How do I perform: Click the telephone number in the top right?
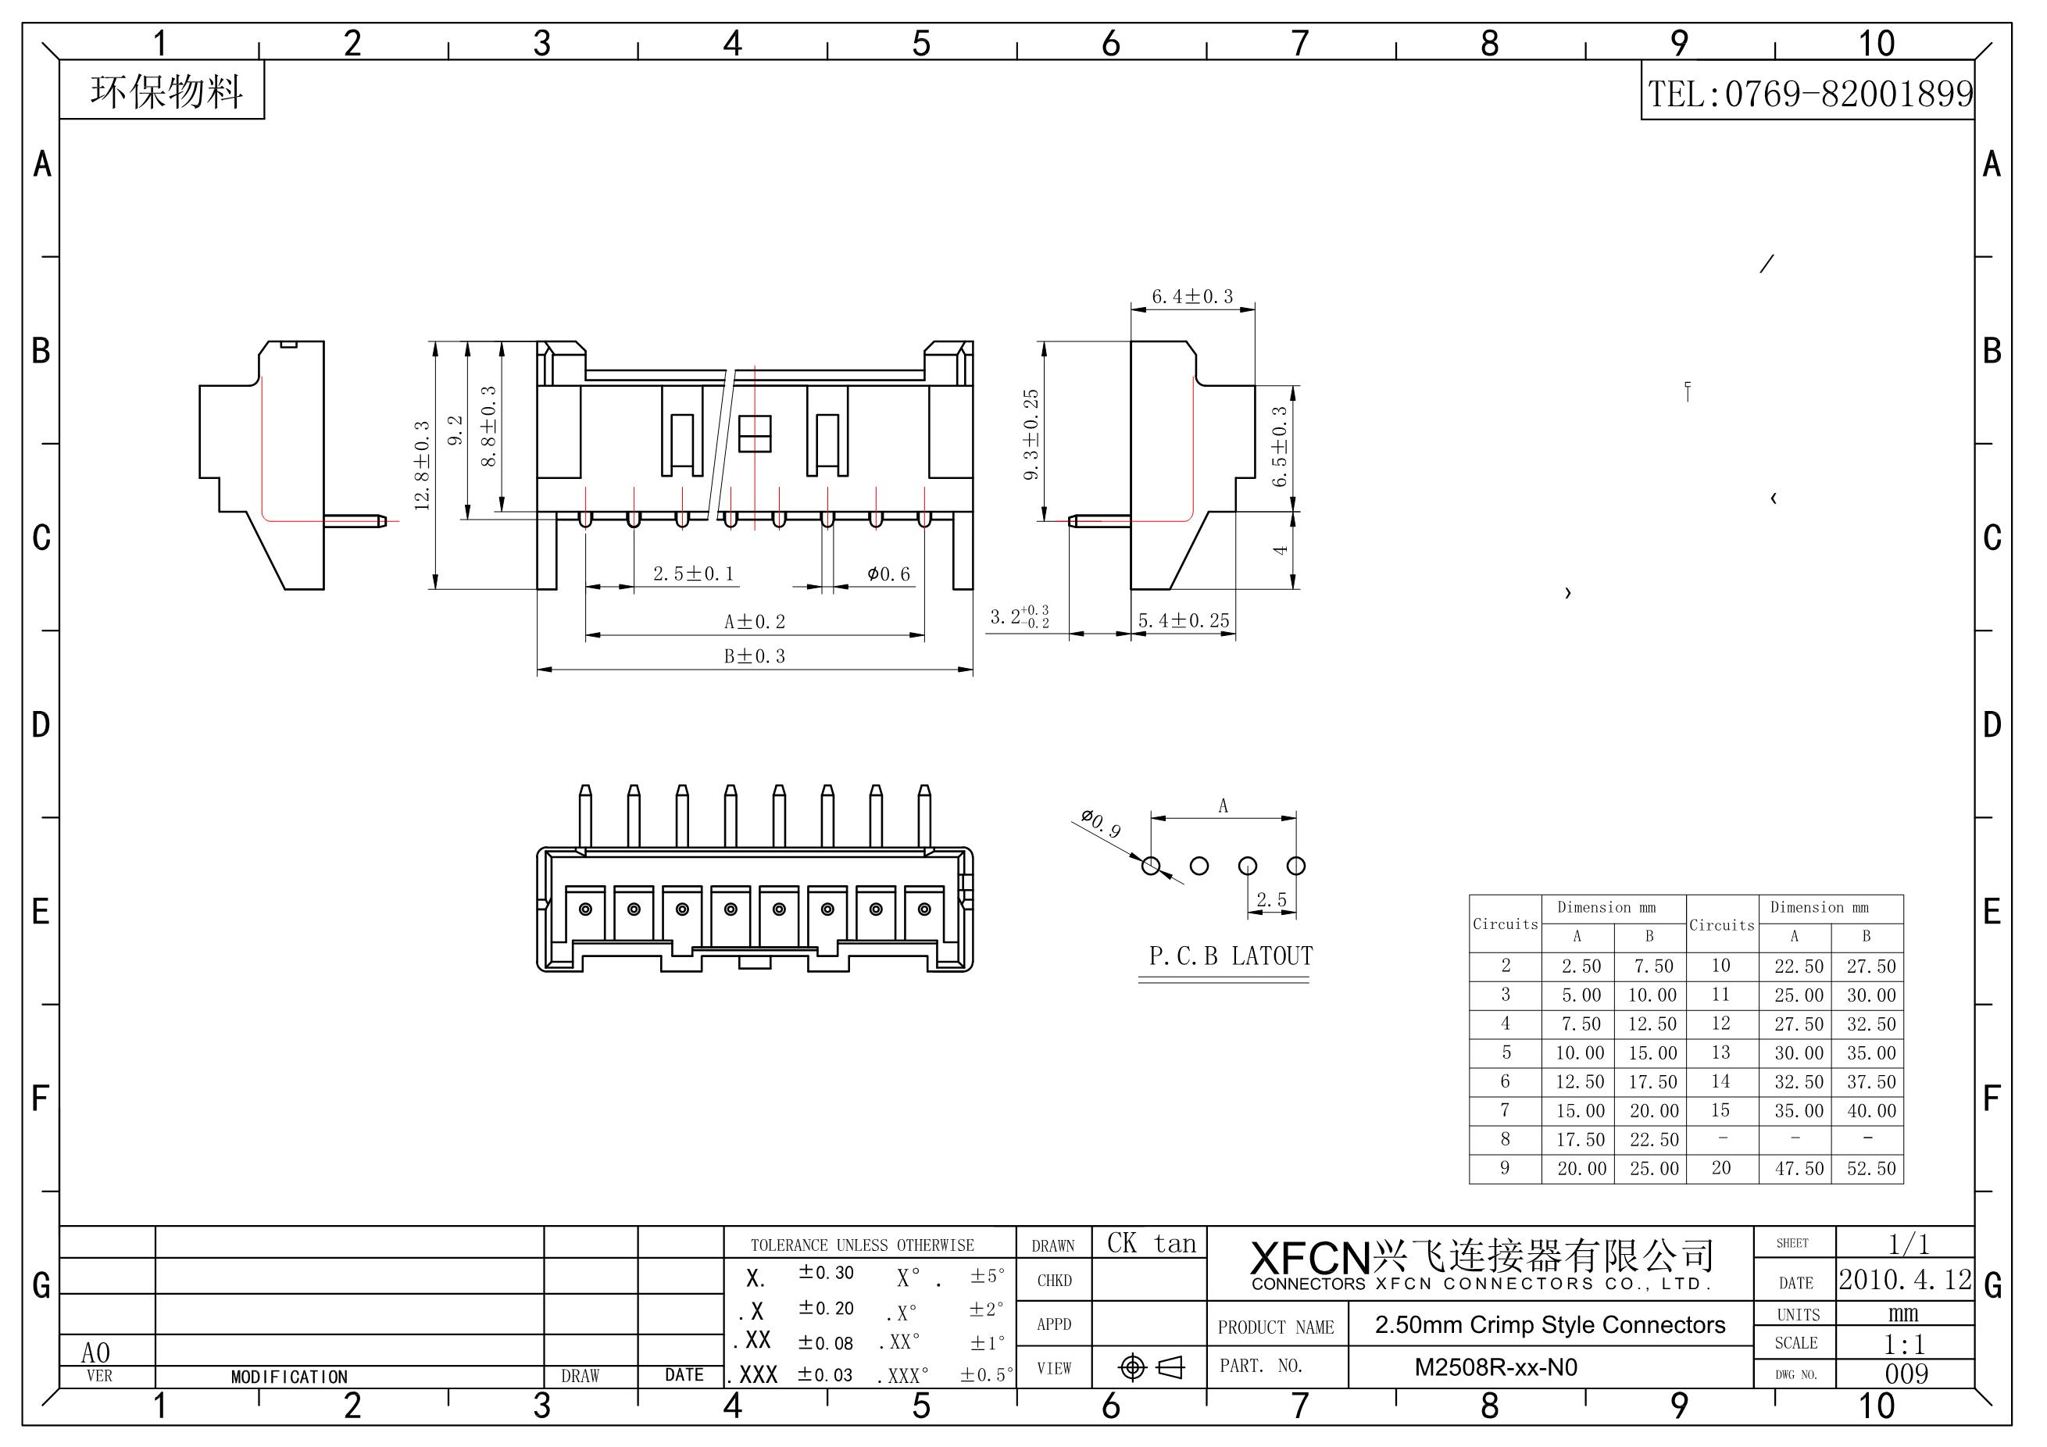(x=1809, y=93)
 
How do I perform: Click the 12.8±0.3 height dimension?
(x=422, y=466)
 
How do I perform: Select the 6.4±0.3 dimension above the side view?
(x=1192, y=296)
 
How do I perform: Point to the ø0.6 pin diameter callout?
(x=889, y=574)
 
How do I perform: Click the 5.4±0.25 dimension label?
(x=1183, y=620)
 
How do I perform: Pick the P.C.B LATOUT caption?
(x=1231, y=956)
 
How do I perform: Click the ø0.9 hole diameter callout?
(x=1101, y=823)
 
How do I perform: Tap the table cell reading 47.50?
(x=1799, y=1168)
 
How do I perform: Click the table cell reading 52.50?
(x=1871, y=1168)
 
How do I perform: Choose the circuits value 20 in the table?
(x=1720, y=1167)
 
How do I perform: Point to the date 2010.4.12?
(x=1906, y=1281)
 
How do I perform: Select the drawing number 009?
(x=1906, y=1374)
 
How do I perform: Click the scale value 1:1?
(x=1904, y=1344)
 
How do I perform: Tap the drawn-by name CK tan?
(x=1151, y=1243)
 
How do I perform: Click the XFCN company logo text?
(x=1309, y=1258)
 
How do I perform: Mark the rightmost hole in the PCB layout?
(x=1296, y=866)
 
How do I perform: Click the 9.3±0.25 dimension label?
(x=1031, y=434)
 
